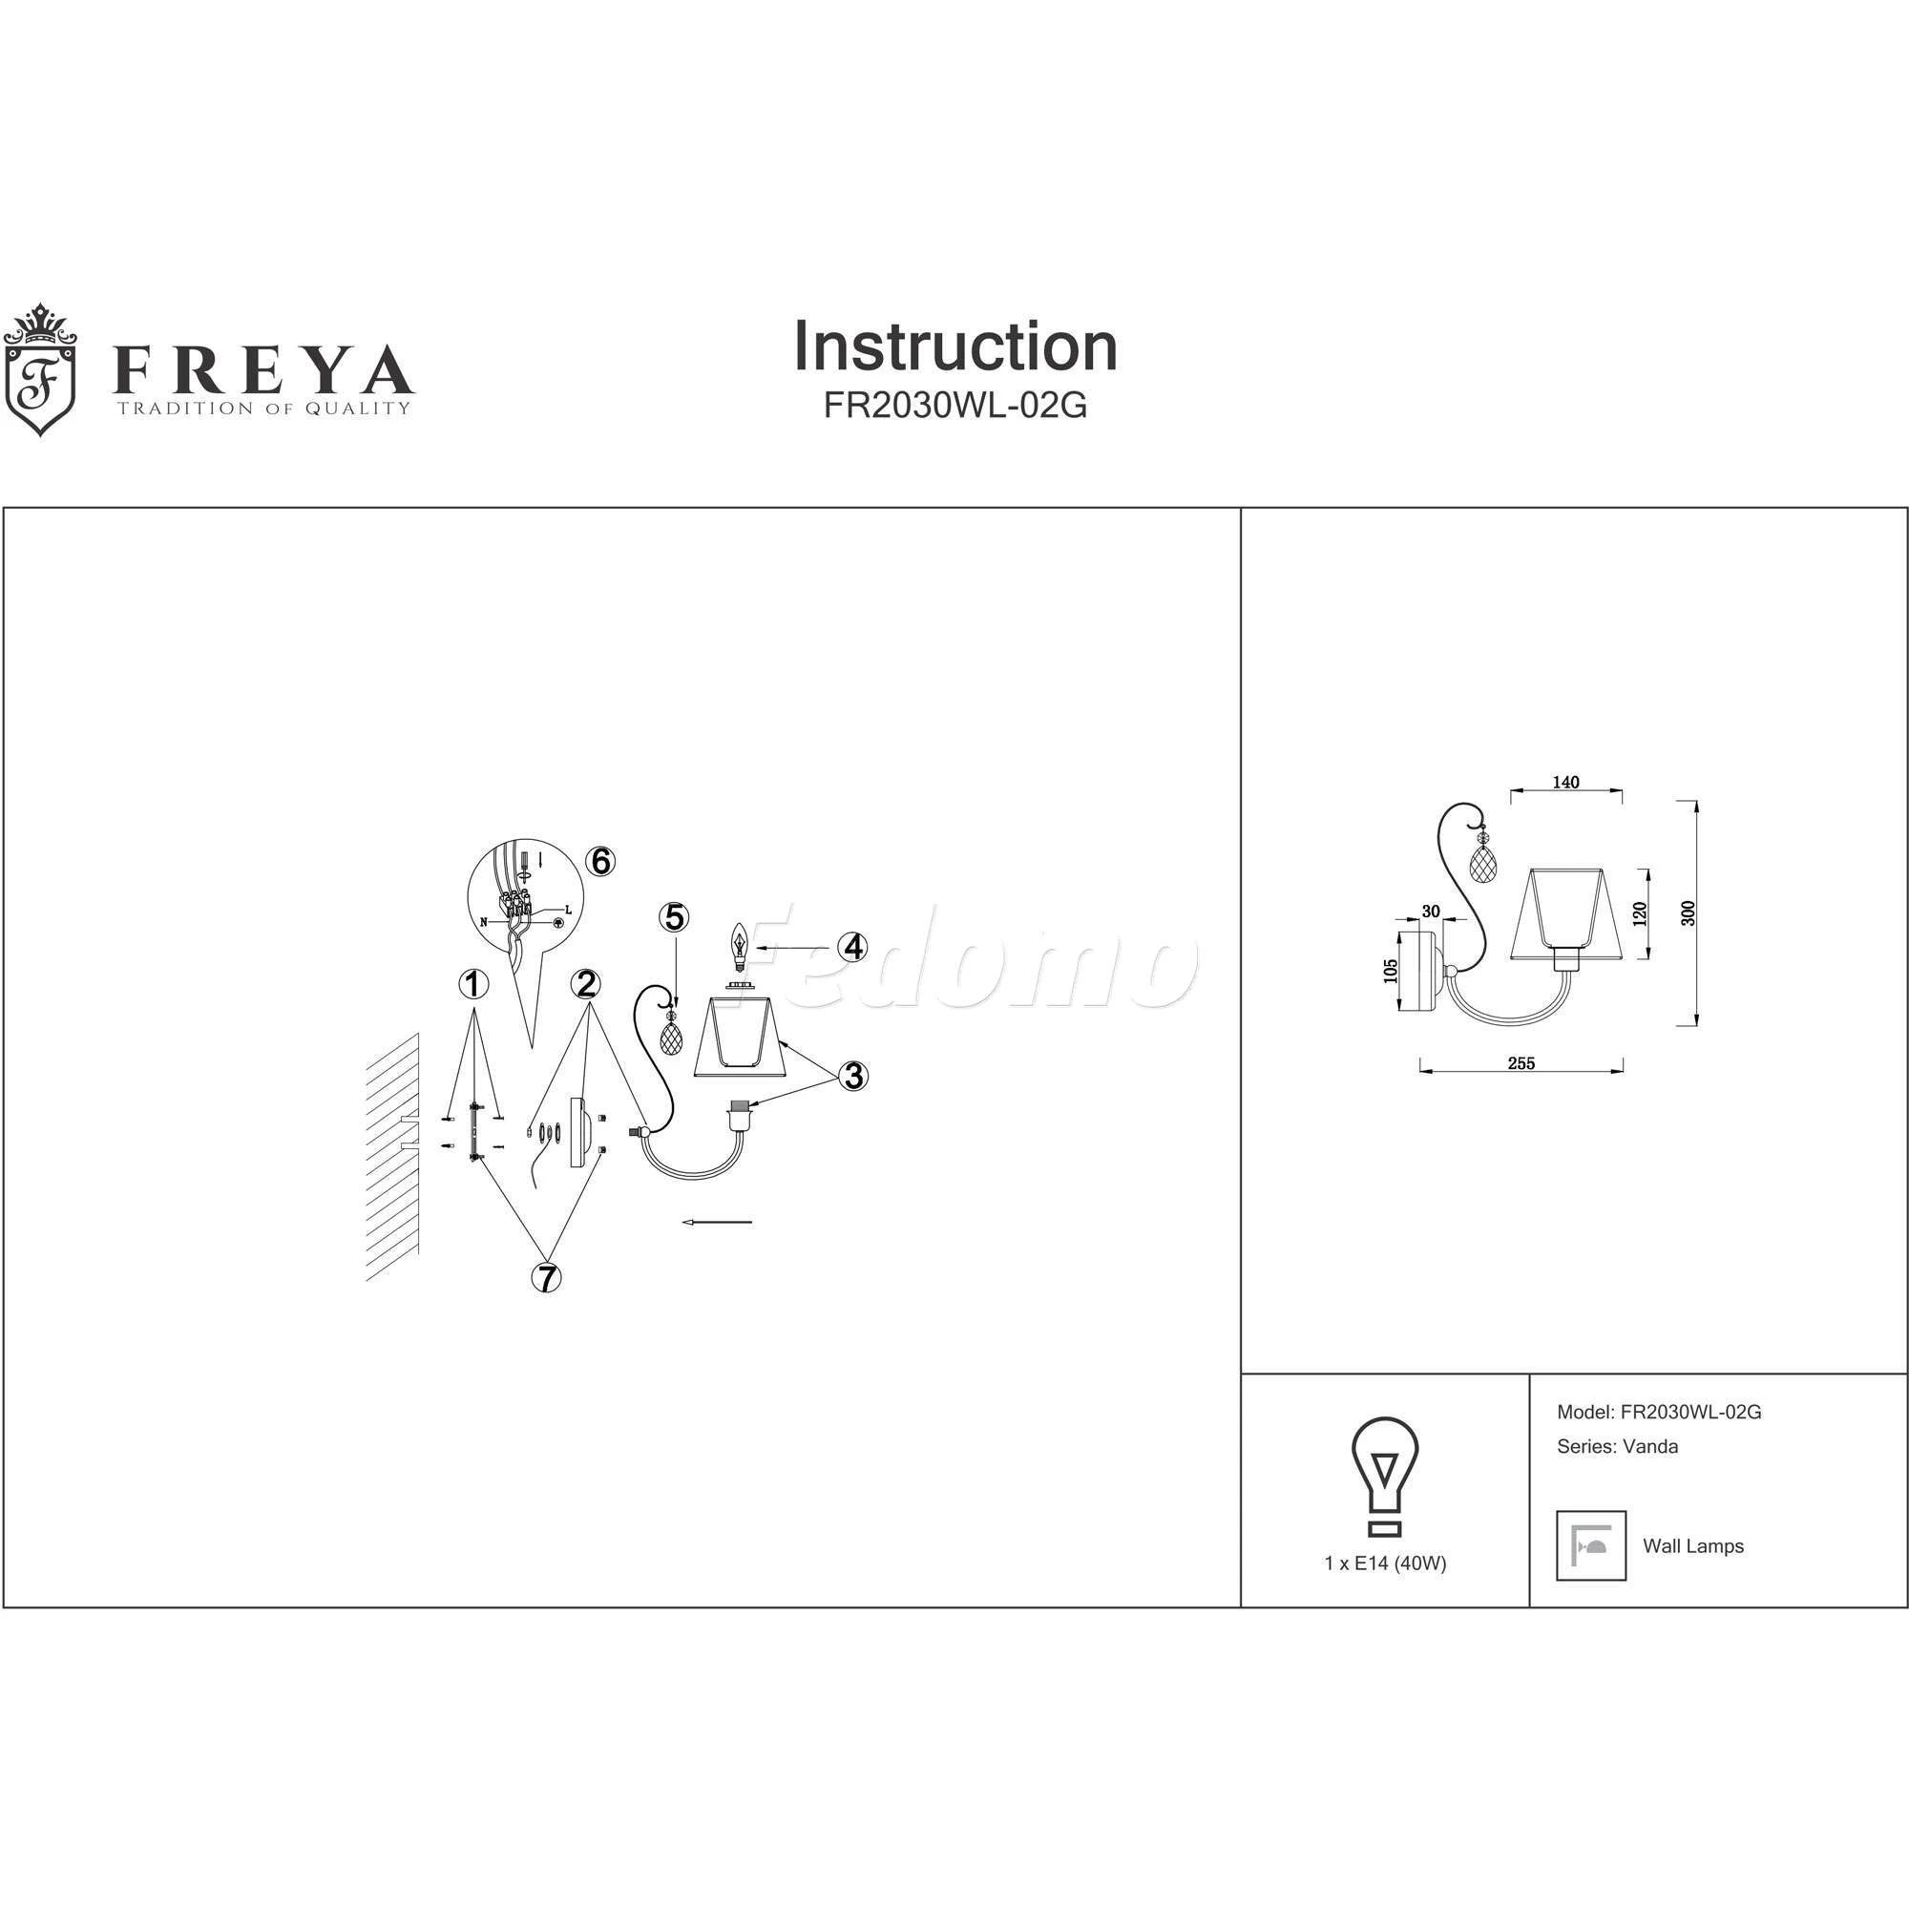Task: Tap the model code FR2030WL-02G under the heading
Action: [955, 406]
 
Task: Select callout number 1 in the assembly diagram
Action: [474, 984]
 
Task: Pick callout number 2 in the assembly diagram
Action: [587, 984]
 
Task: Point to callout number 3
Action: [852, 1075]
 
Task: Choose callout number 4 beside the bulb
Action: [851, 947]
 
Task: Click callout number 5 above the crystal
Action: [674, 917]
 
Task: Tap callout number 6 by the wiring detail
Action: [599, 862]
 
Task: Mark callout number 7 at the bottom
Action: [545, 1279]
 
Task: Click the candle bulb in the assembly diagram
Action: [737, 946]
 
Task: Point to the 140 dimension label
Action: [1566, 783]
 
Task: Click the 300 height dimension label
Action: [1689, 913]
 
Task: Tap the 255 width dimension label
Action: [1521, 1063]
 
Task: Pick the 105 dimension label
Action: [1392, 973]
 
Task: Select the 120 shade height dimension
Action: [1640, 913]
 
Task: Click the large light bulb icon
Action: [1385, 1479]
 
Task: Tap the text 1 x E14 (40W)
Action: [1385, 1564]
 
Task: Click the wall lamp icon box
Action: [1591, 1545]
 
